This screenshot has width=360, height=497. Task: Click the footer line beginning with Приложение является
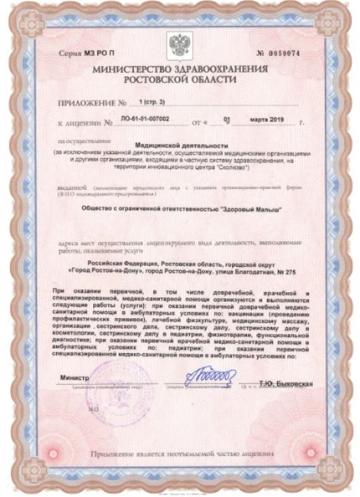click(179, 452)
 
